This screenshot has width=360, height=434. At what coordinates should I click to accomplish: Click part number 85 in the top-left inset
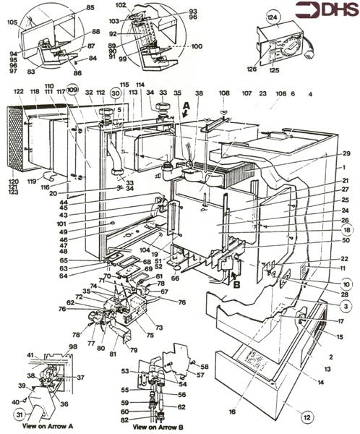pyautogui.click(x=90, y=7)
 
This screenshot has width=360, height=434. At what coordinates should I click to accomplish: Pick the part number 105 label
pyautogui.click(x=12, y=22)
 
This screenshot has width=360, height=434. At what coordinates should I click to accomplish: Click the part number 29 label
pyautogui.click(x=346, y=153)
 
